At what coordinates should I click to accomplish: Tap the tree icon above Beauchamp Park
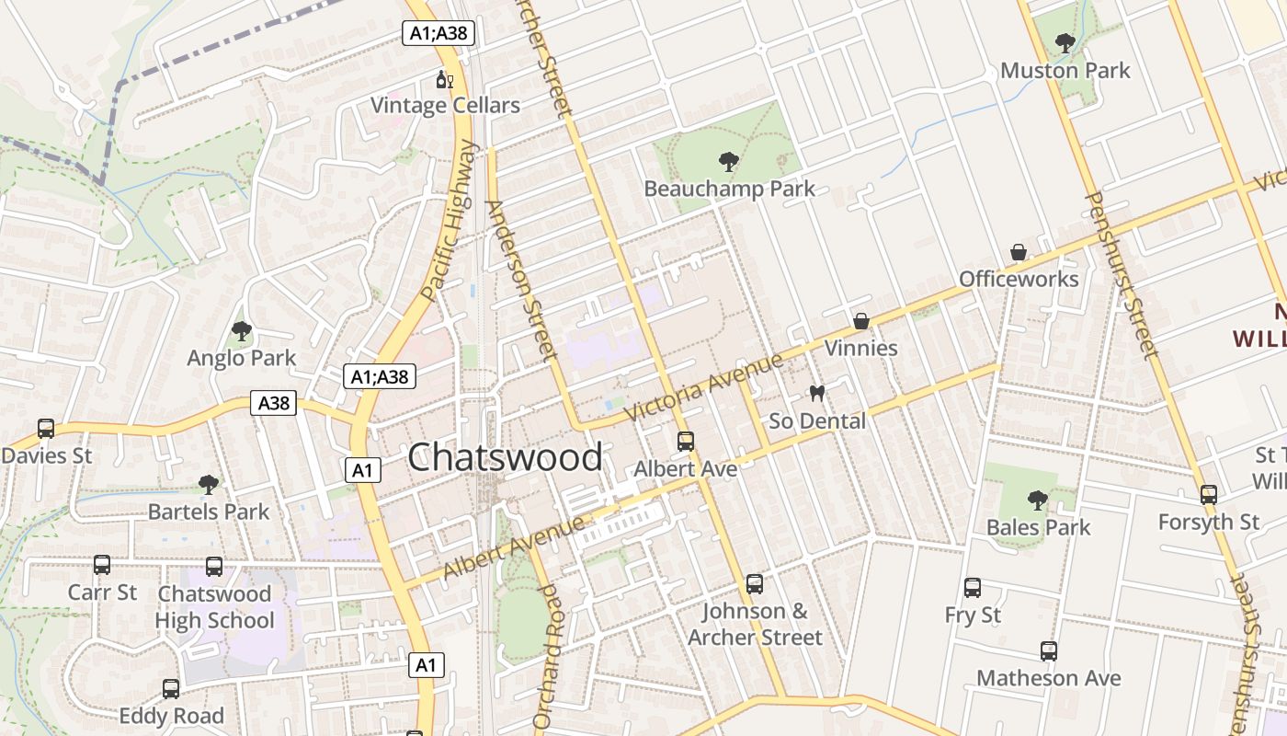pos(729,162)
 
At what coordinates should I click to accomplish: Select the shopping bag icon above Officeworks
pos(1019,252)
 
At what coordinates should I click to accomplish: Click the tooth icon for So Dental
pos(816,394)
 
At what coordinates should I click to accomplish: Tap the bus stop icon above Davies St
pos(46,428)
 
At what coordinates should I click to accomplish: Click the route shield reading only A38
pos(273,403)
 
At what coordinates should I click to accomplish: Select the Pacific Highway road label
pos(451,221)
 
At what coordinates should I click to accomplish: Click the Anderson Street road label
pos(521,280)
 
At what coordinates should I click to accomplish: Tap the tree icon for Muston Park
pos(1065,42)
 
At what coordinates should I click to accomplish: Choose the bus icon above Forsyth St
pos(1208,495)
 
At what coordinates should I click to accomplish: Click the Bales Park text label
pos(1038,527)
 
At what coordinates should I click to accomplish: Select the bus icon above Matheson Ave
pos(1049,651)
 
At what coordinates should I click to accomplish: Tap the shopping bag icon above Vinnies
pos(860,321)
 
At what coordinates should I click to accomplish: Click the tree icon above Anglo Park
pos(242,330)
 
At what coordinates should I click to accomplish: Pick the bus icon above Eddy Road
pos(171,688)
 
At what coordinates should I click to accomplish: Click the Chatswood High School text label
pos(214,607)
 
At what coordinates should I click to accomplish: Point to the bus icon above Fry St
pos(973,588)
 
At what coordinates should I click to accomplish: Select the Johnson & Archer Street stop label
pos(755,624)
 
